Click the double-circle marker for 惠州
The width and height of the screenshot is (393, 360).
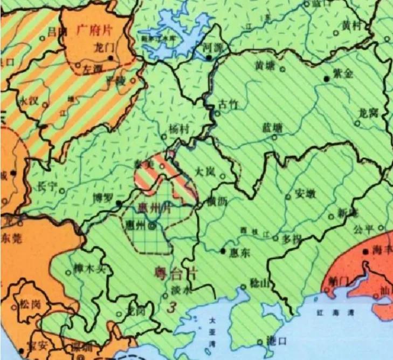(153, 226)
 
